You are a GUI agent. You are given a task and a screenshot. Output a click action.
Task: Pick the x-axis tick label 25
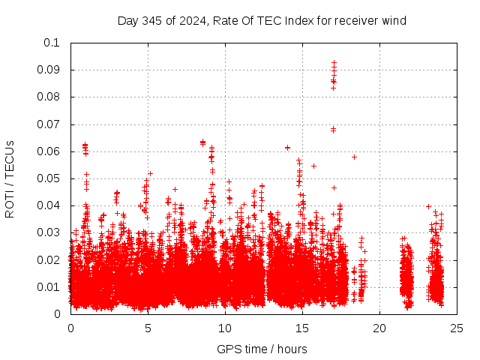click(x=457, y=328)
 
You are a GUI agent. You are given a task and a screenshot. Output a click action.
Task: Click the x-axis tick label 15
click(x=302, y=328)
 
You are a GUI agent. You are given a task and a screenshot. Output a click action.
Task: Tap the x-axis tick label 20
click(x=379, y=328)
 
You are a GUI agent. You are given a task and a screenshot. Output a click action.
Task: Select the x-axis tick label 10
click(x=225, y=328)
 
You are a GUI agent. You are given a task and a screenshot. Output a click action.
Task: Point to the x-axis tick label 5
click(x=148, y=328)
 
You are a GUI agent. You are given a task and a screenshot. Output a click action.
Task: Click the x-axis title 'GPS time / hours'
click(x=262, y=349)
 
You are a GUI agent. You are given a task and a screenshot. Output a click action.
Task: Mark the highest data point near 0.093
click(x=334, y=62)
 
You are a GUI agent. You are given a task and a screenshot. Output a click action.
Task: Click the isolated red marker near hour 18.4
click(x=354, y=157)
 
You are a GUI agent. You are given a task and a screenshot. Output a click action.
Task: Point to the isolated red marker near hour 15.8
click(x=313, y=166)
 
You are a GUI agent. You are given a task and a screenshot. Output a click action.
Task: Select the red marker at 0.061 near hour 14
click(x=287, y=148)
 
